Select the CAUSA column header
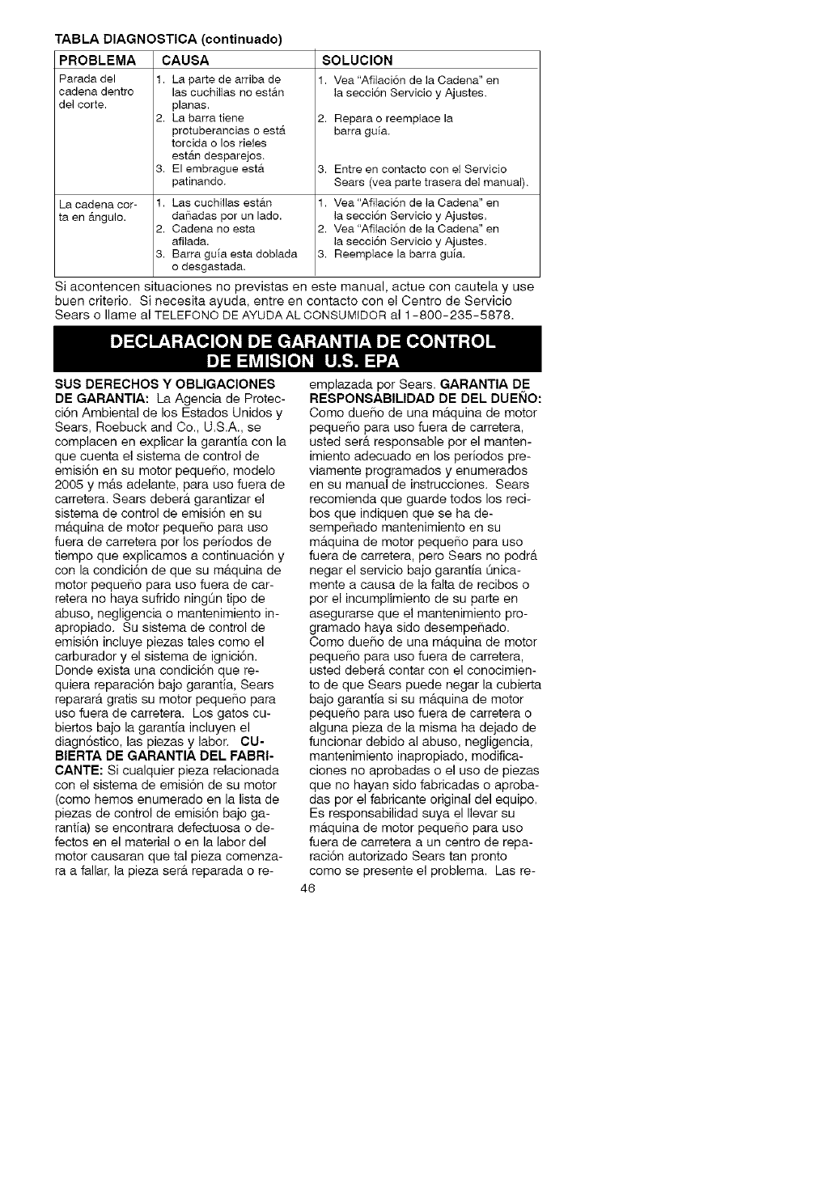pyautogui.click(x=185, y=60)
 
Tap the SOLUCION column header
pyautogui.click(x=357, y=60)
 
